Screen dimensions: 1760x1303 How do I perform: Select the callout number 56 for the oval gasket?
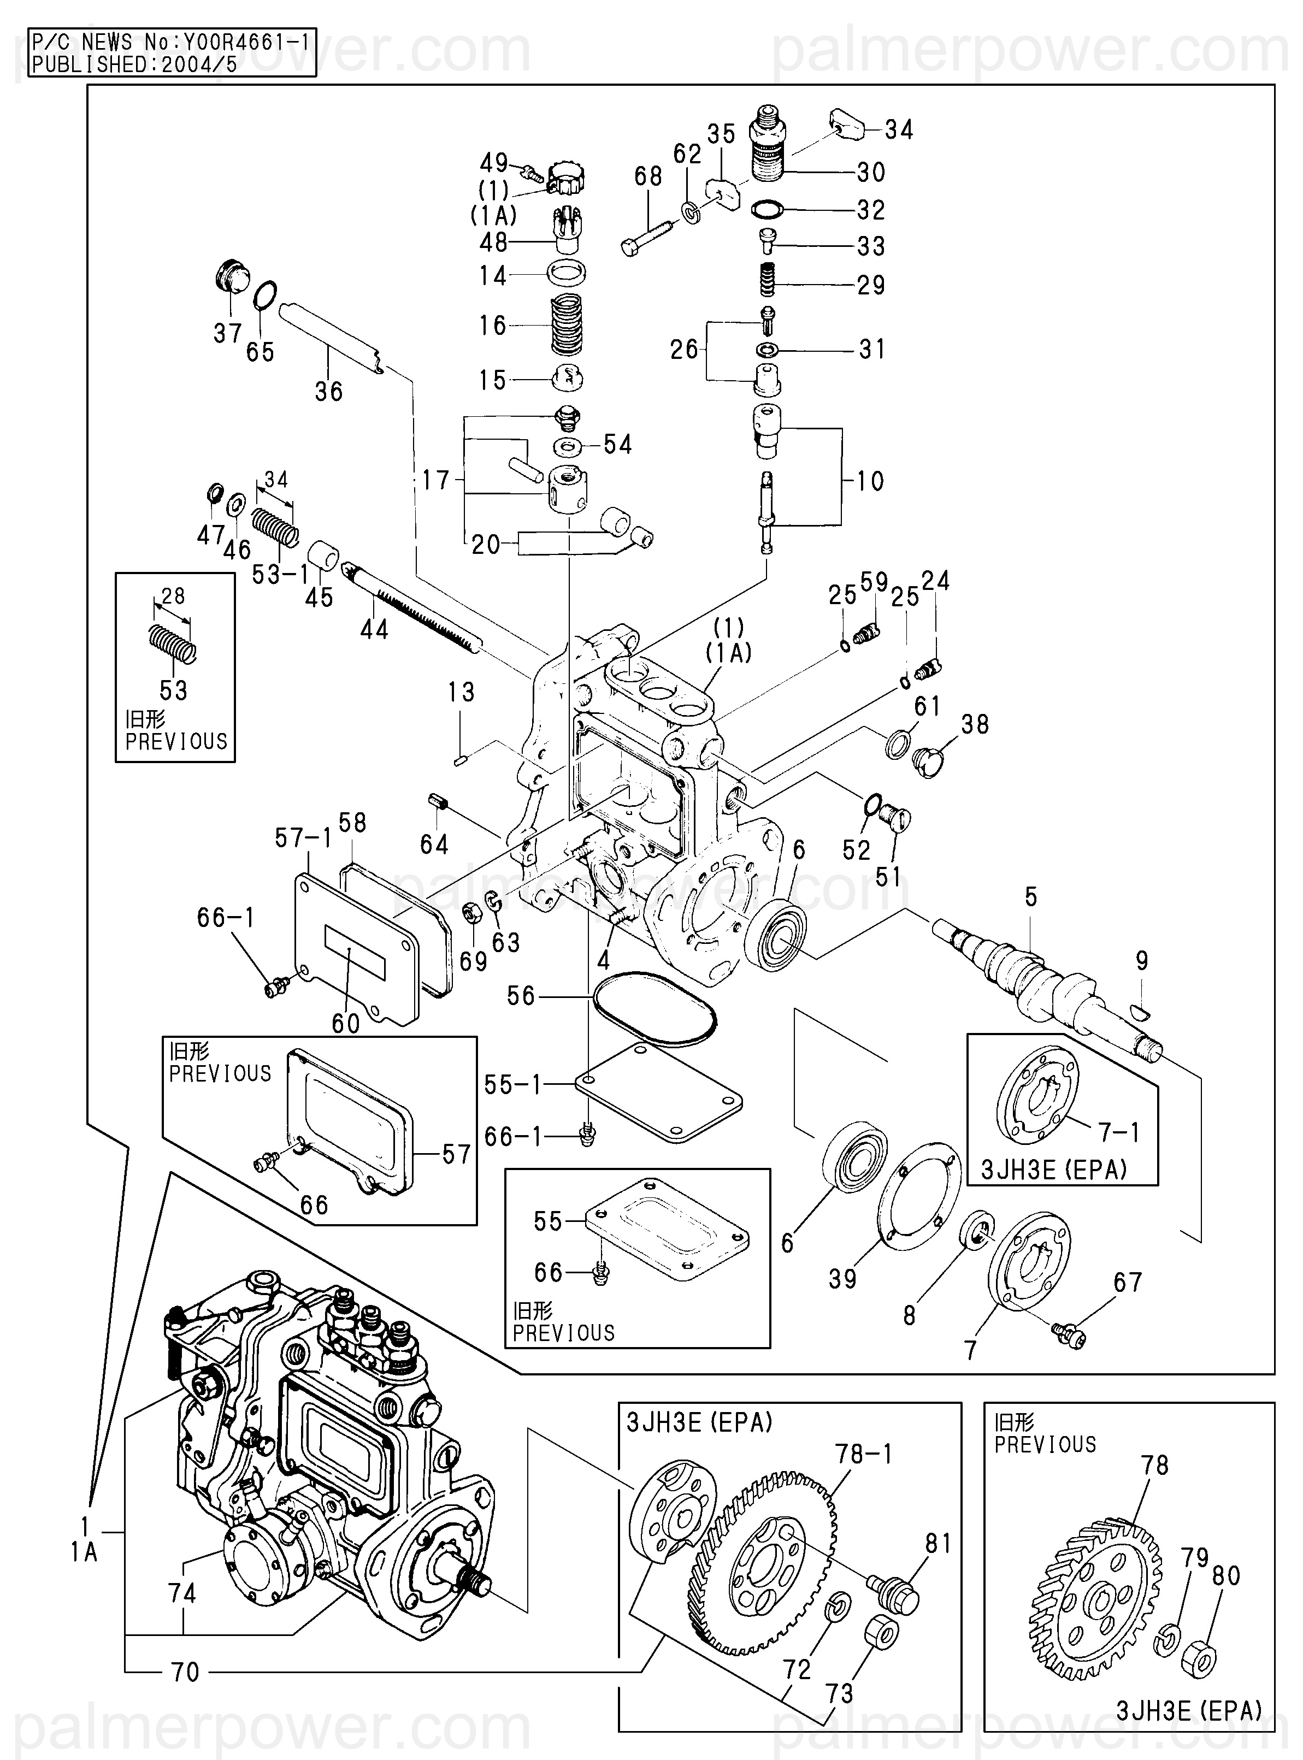click(521, 996)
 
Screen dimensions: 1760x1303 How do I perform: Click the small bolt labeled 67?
click(1070, 1333)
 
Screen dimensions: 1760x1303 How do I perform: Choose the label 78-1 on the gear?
click(864, 1452)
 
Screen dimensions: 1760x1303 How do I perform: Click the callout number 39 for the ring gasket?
click(842, 1278)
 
